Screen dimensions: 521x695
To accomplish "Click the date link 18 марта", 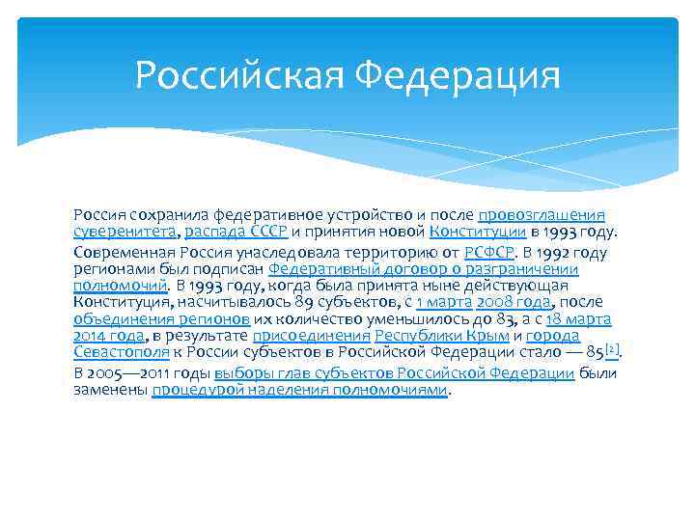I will (578, 319).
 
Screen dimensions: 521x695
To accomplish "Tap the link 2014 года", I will (108, 337).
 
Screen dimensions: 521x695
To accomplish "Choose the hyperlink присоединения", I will (312, 337).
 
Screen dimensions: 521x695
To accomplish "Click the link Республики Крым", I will (441, 337).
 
